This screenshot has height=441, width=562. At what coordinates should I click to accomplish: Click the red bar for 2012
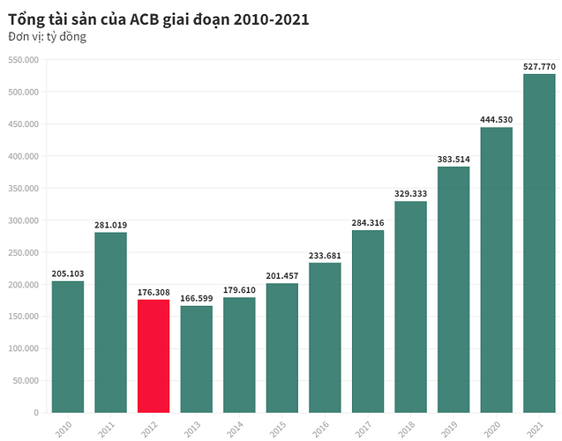[154, 355]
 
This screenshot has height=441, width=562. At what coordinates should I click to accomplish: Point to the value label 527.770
[539, 66]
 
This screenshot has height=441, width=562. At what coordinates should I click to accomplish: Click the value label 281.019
[111, 225]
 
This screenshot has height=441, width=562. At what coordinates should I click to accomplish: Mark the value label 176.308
[154, 292]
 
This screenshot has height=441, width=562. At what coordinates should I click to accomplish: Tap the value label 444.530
[496, 120]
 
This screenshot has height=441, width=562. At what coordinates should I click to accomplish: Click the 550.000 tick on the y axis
[24, 59]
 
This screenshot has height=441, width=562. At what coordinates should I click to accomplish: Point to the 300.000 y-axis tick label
[24, 220]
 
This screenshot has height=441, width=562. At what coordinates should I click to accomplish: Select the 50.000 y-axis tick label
[26, 380]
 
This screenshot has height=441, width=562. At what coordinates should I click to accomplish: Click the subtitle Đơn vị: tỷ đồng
[47, 37]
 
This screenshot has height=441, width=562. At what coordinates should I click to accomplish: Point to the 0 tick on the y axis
[36, 412]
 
